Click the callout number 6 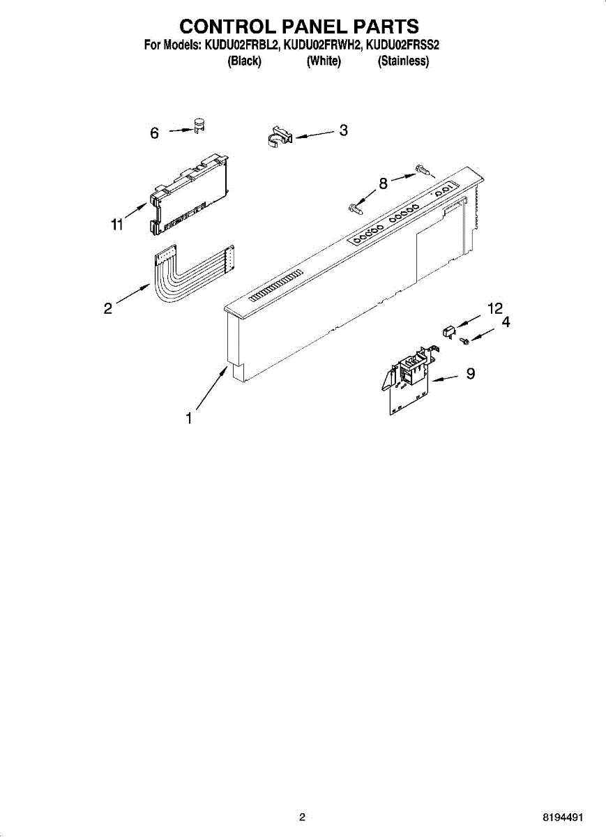[155, 133]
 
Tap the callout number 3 [343, 130]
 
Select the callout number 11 [116, 224]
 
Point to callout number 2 [108, 308]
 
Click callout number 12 [494, 308]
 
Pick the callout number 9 [471, 375]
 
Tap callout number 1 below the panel [188, 418]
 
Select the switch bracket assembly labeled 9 [409, 380]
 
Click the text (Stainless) [403, 61]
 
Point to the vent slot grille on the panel [276, 286]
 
